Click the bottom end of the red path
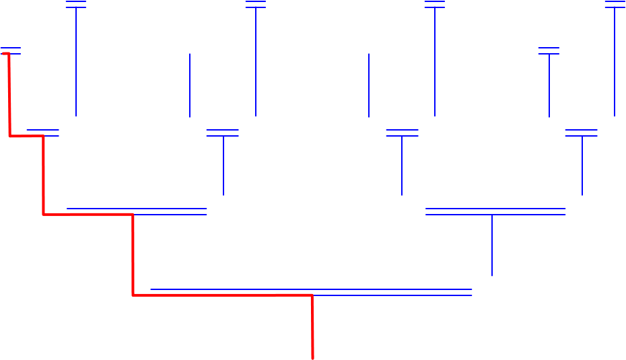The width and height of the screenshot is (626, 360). point(313,357)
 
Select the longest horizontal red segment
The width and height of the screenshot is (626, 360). point(222,295)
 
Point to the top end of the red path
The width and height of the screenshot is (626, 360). point(3,53)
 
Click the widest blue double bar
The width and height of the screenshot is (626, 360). point(311,292)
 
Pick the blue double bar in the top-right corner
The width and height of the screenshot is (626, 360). point(615,5)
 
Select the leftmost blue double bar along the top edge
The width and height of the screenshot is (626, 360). point(76,5)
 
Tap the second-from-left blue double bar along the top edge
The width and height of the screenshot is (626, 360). point(256,5)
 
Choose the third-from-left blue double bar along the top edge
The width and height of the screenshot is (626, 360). point(435,5)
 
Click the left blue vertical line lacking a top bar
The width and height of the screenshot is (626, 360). point(190,85)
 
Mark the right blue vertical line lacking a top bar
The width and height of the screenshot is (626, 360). point(369,85)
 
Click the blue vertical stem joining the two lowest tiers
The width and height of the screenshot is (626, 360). point(492,245)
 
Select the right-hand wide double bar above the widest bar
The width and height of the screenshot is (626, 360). point(495,211)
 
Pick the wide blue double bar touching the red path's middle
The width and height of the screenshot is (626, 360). point(137,211)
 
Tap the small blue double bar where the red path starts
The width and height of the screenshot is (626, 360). point(11,51)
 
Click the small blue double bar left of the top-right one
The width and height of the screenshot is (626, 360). point(549,51)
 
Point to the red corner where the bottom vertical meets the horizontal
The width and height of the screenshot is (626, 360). point(312,295)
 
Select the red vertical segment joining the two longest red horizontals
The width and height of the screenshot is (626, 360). point(133,254)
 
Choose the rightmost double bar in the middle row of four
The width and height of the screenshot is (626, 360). point(582,133)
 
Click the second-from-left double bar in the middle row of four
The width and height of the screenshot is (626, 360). point(223,133)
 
